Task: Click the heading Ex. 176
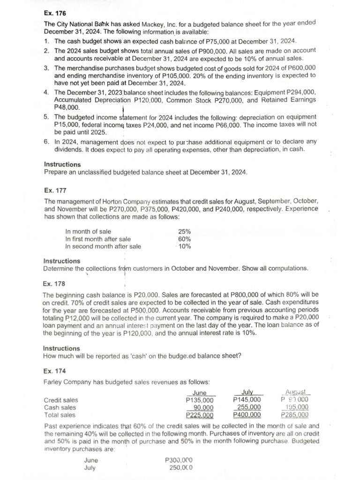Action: pos(52,13)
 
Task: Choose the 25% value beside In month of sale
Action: pos(184,231)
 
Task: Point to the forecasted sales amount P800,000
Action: pos(223,294)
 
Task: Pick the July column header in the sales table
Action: pos(247,392)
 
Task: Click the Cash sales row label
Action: pos(60,407)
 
